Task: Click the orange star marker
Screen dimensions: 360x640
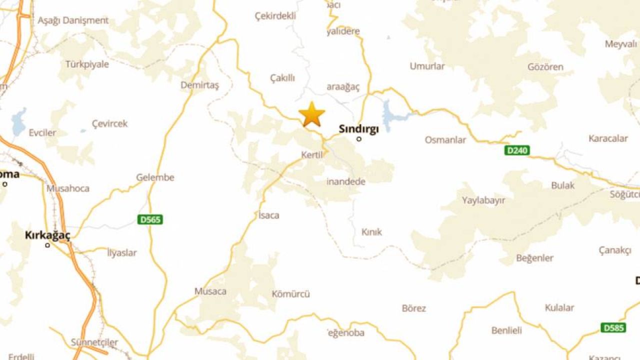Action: [x=312, y=114]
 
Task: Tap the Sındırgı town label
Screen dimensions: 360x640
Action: [x=358, y=128]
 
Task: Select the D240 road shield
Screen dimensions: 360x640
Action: [x=517, y=150]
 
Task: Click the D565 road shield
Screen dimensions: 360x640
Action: [x=150, y=219]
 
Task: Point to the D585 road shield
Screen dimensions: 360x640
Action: [x=613, y=328]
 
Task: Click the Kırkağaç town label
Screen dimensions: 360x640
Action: [x=47, y=235]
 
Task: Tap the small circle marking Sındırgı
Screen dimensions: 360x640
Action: [x=359, y=139]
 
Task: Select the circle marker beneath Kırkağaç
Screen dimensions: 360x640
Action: [x=47, y=245]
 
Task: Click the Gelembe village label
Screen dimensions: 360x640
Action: [x=155, y=177]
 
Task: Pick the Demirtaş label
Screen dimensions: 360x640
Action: [x=199, y=85]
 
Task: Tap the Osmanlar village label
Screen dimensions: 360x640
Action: [x=445, y=140]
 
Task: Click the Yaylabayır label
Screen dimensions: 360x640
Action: [x=483, y=200]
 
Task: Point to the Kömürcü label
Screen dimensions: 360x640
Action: [x=290, y=294]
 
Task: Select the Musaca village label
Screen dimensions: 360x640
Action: [x=210, y=291]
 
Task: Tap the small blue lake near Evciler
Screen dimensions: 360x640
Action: [x=19, y=121]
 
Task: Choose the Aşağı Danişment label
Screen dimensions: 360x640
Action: [x=73, y=20]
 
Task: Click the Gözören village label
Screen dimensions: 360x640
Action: [x=545, y=67]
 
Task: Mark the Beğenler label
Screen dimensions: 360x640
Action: [x=534, y=258]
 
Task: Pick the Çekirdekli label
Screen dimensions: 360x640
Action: [x=275, y=16]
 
